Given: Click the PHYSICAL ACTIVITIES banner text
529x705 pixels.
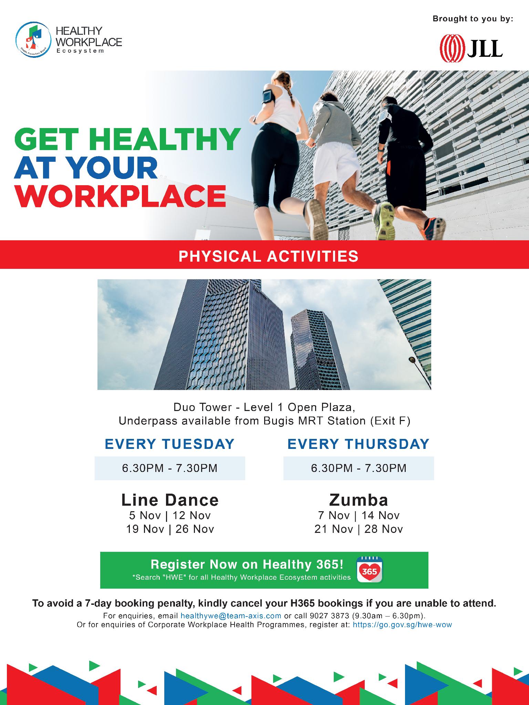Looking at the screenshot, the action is click(x=269, y=256).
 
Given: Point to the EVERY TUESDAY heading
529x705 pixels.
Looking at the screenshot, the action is click(x=170, y=444).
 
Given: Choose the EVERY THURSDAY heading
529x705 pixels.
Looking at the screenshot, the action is click(x=359, y=444).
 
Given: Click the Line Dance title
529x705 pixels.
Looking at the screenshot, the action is click(x=170, y=500).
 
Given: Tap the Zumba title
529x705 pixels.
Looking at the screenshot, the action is click(x=359, y=500).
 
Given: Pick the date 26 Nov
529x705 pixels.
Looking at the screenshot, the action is click(x=195, y=529).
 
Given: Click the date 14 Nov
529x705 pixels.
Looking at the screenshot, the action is click(x=381, y=515).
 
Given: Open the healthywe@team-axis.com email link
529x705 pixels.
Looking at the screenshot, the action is click(x=231, y=615).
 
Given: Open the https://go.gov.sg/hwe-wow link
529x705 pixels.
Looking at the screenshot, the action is click(x=402, y=624).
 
